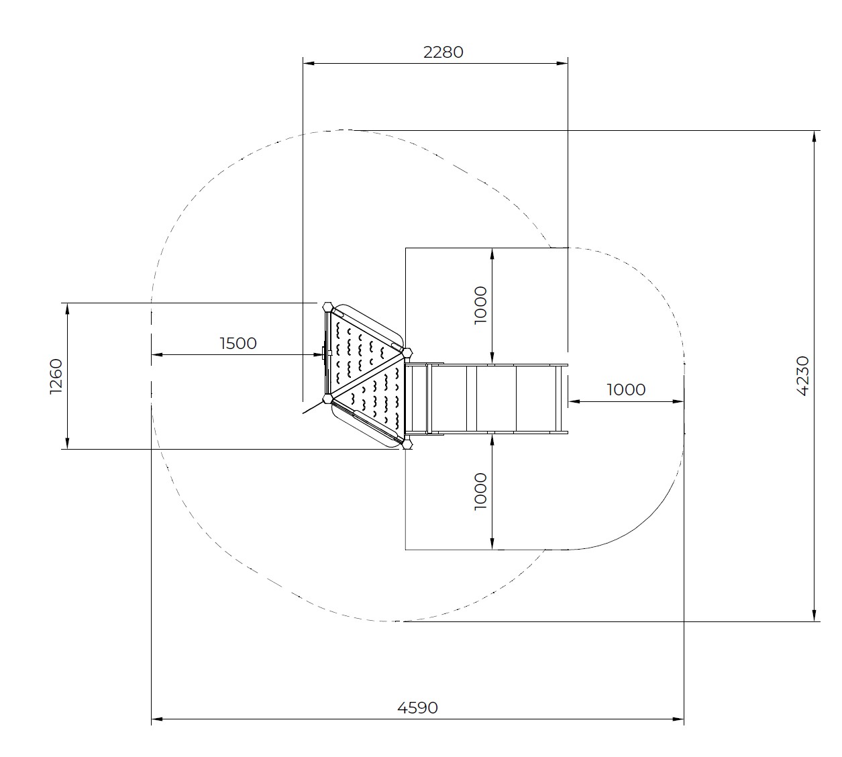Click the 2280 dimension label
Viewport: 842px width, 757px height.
(443, 52)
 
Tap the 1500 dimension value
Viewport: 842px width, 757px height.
(238, 344)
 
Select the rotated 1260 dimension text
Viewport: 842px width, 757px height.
(56, 376)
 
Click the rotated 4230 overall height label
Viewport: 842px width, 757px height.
(802, 376)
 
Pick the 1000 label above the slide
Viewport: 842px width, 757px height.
(480, 305)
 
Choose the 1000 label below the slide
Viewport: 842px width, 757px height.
(480, 492)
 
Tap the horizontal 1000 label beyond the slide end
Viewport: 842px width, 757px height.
(626, 390)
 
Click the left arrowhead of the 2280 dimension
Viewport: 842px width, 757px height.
(309, 63)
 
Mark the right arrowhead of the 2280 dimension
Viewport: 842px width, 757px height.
(562, 63)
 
